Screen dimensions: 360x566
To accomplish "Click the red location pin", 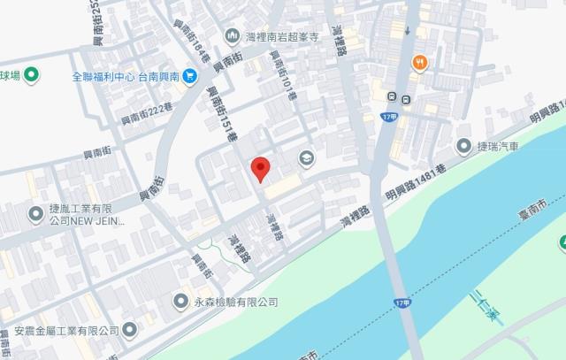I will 260,168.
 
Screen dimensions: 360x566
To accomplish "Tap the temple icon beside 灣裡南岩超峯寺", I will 232,35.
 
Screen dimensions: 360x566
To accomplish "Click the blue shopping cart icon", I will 189,76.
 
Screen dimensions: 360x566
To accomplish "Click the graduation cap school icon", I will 306,158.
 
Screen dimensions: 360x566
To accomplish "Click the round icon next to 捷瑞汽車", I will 464,146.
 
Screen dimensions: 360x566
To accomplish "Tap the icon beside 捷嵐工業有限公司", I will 36,212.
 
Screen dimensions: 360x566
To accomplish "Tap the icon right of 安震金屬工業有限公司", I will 130,330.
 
